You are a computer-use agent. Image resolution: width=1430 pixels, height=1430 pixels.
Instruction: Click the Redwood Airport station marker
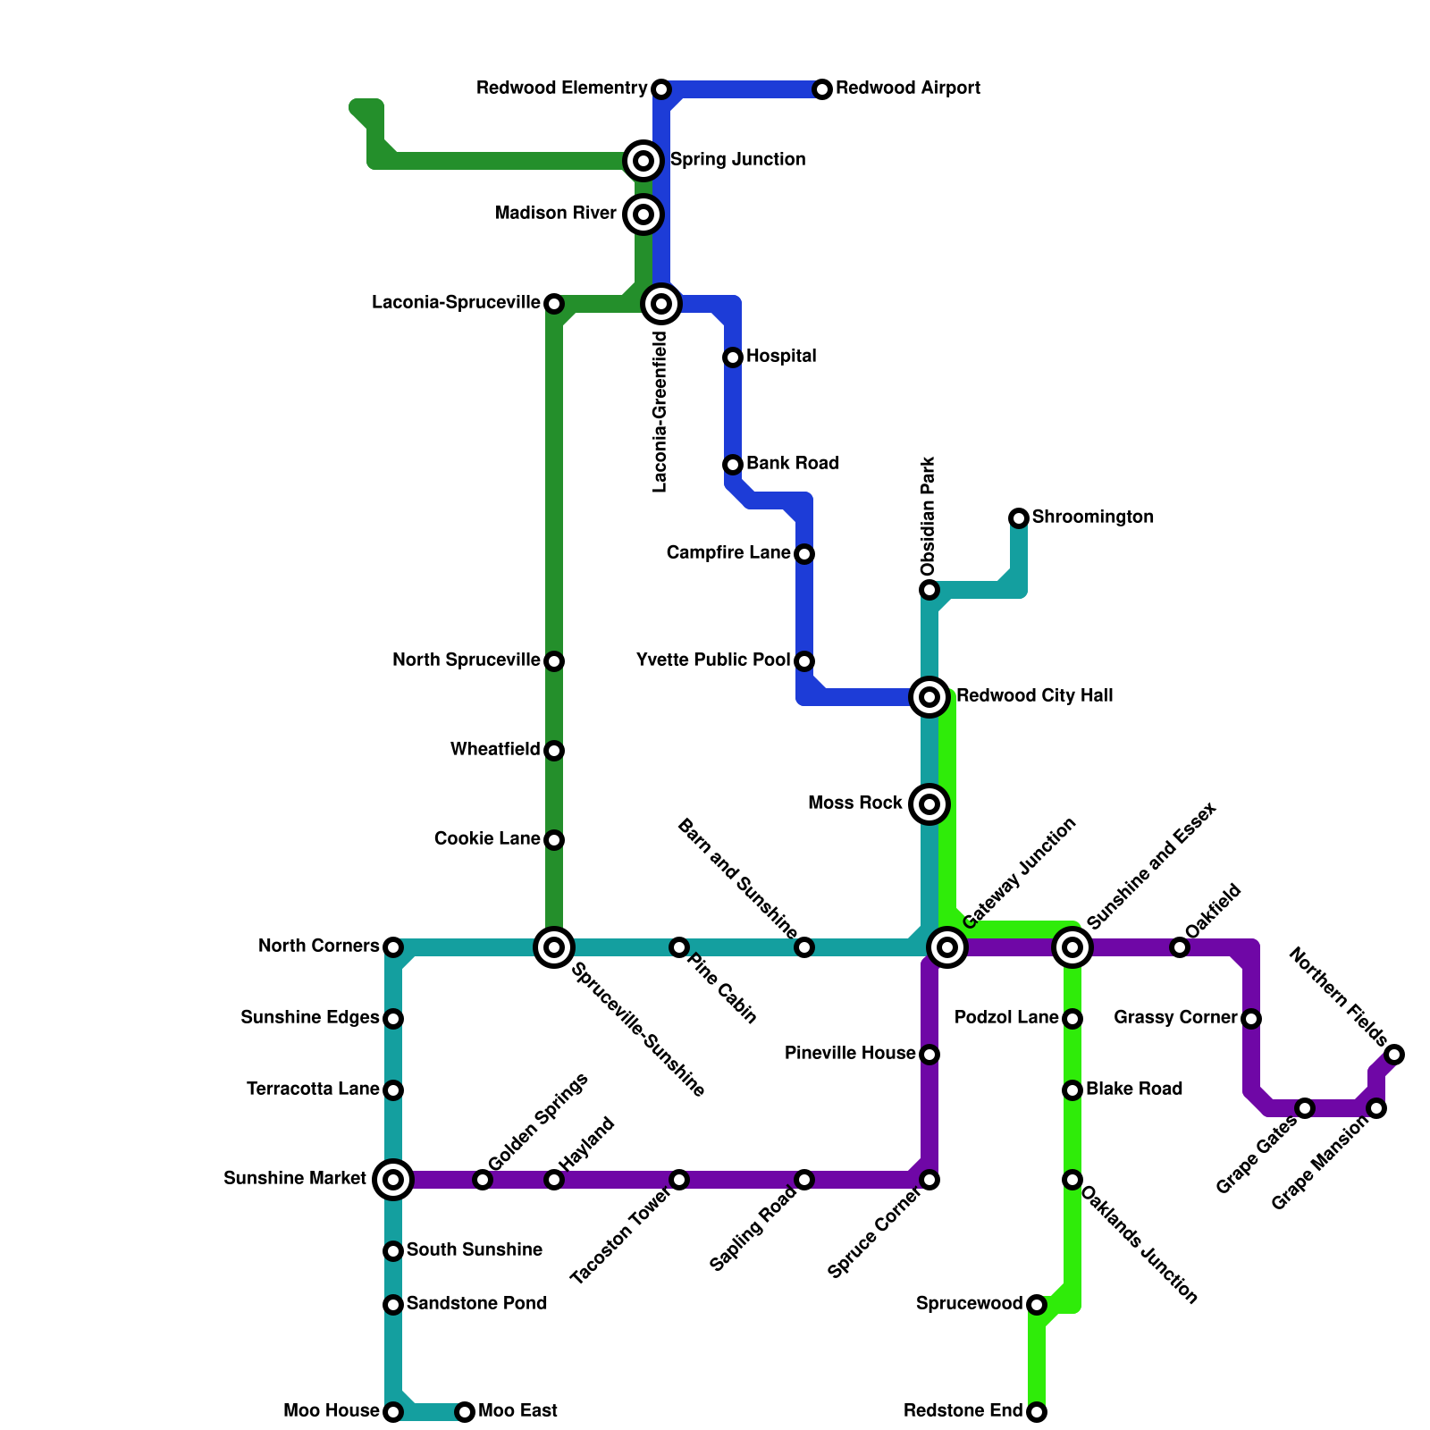tap(822, 89)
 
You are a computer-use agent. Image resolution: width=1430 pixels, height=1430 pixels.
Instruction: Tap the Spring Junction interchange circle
tap(643, 161)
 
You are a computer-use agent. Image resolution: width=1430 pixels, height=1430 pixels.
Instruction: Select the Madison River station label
tap(555, 214)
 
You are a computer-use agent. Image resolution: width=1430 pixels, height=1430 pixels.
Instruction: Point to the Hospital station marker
tap(733, 357)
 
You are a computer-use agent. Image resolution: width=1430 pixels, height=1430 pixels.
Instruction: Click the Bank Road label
tap(793, 464)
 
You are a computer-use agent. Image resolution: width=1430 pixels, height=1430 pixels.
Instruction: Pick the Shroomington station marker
tap(1019, 518)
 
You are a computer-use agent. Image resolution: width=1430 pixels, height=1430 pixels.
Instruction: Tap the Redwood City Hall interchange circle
tap(929, 697)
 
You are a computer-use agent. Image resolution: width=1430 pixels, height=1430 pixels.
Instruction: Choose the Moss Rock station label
tap(854, 803)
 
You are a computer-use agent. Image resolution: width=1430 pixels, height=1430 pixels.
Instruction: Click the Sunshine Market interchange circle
tap(393, 1180)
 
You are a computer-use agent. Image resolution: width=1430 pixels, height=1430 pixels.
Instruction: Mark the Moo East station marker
tap(465, 1412)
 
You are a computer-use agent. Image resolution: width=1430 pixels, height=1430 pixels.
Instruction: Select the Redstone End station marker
tap(1037, 1412)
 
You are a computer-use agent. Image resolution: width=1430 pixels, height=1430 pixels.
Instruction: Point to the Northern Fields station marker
tap(1395, 1055)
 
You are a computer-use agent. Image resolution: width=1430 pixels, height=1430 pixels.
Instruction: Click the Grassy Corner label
tap(1175, 1018)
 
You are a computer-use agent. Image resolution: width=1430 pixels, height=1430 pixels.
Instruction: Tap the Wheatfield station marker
tap(554, 751)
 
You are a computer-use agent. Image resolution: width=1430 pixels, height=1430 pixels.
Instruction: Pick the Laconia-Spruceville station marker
tap(554, 304)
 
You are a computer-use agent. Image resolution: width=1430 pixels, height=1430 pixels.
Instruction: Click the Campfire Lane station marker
tap(804, 554)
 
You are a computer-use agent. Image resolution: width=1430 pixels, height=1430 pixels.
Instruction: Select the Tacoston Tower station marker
tap(679, 1180)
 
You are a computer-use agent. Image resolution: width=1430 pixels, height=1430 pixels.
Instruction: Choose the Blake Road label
tap(1134, 1089)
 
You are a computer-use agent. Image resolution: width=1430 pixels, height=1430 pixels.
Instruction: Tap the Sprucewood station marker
tap(1037, 1305)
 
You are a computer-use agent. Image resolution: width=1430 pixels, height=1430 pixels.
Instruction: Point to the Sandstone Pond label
tap(476, 1304)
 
